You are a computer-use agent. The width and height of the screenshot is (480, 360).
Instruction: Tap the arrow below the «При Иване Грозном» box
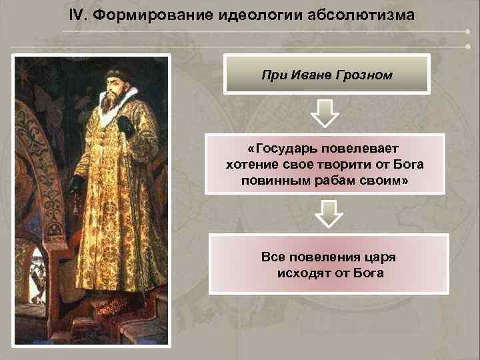tap(325, 113)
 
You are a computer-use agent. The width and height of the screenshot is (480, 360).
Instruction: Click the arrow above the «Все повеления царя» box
tap(328, 213)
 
